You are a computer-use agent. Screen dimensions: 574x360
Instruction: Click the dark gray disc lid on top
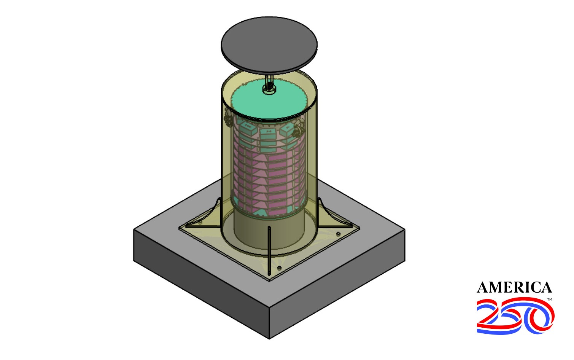269,45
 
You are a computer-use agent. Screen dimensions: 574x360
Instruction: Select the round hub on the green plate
269,90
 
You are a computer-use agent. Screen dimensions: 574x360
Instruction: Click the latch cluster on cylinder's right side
299,129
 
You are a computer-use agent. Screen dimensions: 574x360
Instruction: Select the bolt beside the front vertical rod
279,268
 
